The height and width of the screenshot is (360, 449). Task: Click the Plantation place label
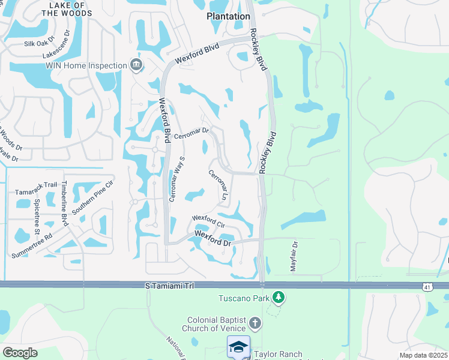(228, 17)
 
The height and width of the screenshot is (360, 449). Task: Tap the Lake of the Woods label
(68, 8)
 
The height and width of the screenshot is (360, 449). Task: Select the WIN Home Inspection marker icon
(136, 65)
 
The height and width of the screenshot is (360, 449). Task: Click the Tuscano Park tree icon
(278, 297)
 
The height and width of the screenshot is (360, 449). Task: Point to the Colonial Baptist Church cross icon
(255, 324)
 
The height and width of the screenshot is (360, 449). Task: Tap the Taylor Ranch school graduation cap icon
(238, 347)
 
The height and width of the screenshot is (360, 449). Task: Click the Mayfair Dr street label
(294, 257)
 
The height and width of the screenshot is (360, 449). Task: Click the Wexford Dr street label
(212, 238)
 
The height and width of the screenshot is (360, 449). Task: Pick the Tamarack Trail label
(35, 191)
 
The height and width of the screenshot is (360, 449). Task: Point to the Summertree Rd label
(31, 245)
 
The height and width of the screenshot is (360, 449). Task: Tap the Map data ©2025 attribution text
(423, 355)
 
